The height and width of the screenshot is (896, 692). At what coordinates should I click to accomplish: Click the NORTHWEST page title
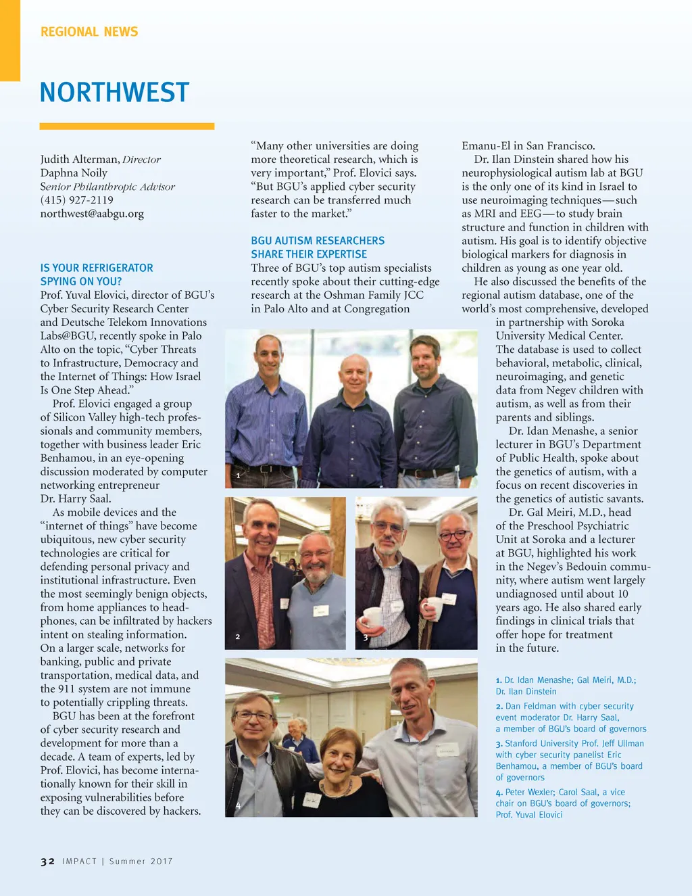point(114,93)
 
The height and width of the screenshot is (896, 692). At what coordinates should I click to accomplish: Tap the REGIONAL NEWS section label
point(89,32)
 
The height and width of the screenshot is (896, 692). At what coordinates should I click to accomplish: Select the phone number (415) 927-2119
point(76,200)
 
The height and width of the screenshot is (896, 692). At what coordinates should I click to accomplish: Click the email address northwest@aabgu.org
point(92,214)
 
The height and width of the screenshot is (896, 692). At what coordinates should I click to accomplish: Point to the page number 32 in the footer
point(47,862)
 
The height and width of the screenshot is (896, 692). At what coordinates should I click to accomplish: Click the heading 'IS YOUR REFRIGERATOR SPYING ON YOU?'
point(97,275)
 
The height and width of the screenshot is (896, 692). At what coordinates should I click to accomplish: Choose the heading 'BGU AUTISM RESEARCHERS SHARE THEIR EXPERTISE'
point(318,247)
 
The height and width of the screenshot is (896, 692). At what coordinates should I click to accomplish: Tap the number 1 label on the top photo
point(238,476)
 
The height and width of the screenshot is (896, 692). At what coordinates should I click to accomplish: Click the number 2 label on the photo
point(238,637)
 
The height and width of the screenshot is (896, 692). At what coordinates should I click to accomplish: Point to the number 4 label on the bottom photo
point(238,806)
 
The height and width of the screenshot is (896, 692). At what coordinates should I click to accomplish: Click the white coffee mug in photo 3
point(373,616)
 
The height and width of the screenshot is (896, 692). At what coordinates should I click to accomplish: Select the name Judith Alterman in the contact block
point(80,160)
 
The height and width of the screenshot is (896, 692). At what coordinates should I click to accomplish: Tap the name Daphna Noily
point(74,173)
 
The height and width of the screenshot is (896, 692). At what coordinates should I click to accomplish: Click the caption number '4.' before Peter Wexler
point(499,793)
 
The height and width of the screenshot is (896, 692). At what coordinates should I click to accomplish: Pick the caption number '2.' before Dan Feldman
point(499,706)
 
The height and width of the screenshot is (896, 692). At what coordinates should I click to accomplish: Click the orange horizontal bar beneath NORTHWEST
point(127,126)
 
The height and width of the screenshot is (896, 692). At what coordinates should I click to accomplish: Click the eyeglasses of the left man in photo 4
point(253,716)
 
